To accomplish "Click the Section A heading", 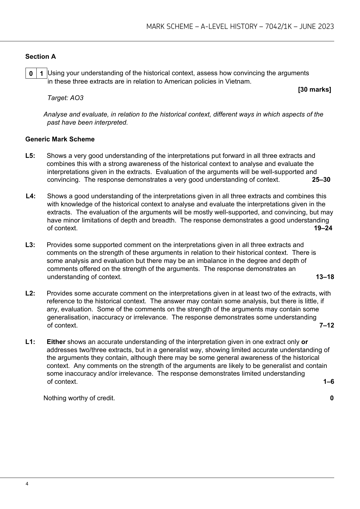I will tap(40, 57).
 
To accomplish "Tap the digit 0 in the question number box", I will tap(31, 74).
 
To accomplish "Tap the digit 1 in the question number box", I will tap(41, 74).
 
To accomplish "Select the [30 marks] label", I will tap(314, 89).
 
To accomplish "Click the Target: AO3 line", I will tap(65, 98).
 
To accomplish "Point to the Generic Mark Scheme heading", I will tap(60, 139).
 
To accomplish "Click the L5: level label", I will tap(30, 156).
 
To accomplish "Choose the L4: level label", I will tap(31, 196).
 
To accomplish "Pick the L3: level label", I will tap(30, 245).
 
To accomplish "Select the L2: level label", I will tap(30, 293).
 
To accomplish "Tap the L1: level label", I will tap(30, 342).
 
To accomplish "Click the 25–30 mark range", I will tap(321, 180).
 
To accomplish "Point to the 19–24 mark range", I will tap(323, 228).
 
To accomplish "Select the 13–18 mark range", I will tap(325, 277).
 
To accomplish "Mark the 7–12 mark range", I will tap(326, 325).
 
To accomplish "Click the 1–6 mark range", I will tap(329, 382).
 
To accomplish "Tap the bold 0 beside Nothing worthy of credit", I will tap(332, 398).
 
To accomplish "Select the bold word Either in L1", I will tap(56, 342).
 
